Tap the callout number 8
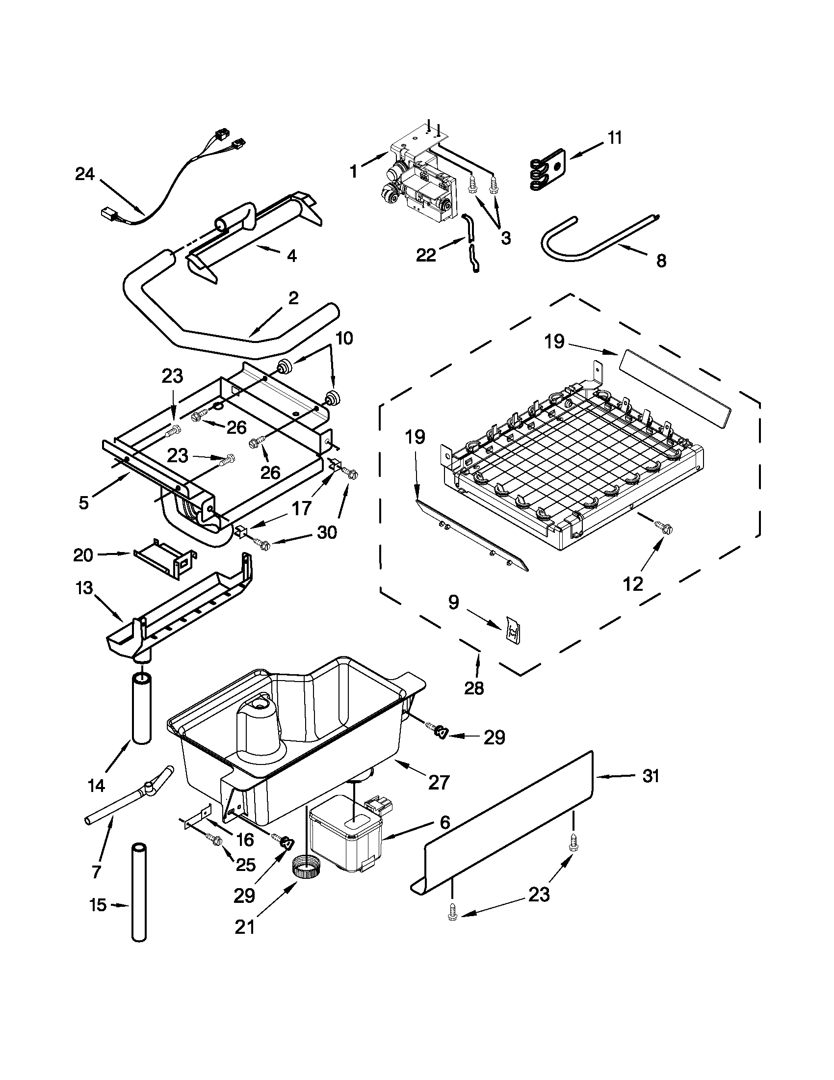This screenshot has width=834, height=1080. coord(661,261)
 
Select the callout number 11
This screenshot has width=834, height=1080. coord(614,137)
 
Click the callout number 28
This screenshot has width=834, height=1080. coord(473,688)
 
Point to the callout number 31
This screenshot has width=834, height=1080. coord(651,776)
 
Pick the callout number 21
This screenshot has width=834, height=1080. coord(245,927)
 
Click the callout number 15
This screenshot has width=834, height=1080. coord(99,905)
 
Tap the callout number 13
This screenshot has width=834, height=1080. coord(84,588)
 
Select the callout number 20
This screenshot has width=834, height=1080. coord(82,555)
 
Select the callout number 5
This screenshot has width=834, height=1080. coord(83,503)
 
